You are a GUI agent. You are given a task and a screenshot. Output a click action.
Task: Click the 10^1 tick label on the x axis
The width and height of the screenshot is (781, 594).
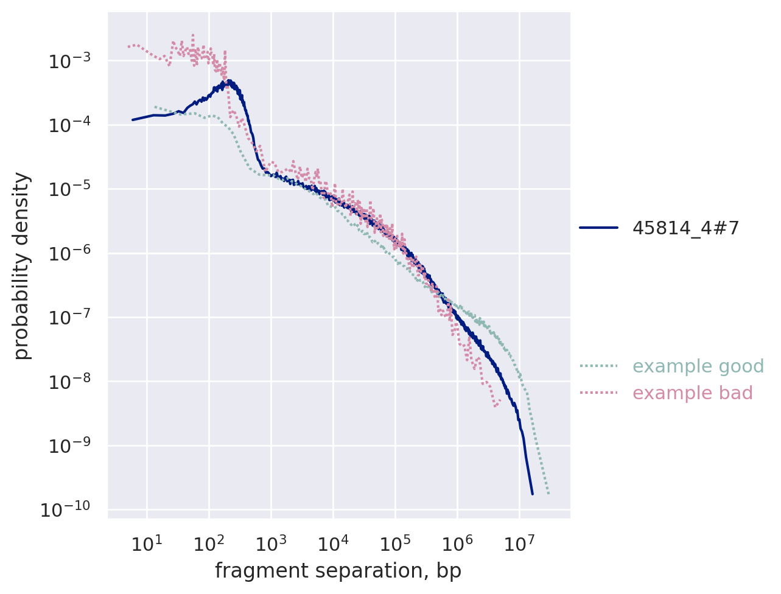pos(146,543)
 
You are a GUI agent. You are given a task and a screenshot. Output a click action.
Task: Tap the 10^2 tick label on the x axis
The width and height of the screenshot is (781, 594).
pos(208,543)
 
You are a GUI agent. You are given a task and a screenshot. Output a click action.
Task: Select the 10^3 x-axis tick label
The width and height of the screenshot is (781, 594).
pos(270,543)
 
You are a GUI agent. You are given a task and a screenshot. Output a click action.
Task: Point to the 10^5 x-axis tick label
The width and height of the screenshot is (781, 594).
pos(394,543)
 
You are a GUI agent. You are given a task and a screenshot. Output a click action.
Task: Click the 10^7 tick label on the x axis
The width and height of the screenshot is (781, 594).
pos(519,543)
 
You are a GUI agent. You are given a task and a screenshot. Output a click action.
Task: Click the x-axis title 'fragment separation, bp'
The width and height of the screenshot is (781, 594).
pos(338,571)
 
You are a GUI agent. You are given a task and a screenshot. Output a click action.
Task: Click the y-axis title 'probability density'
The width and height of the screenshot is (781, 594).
pos(22,265)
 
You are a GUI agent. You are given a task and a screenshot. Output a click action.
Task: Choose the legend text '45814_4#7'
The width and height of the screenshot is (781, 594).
pos(685,228)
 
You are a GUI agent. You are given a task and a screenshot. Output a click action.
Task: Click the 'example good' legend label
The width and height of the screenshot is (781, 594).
pos(698,366)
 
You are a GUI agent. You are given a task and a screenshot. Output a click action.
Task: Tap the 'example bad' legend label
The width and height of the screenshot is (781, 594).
pos(692,393)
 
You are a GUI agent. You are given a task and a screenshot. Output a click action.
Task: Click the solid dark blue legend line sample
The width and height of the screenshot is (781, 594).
pos(598,228)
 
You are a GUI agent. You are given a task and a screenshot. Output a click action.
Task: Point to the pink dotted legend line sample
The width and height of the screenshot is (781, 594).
pos(598,393)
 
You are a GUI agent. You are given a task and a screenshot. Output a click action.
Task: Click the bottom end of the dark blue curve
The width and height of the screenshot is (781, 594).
pos(532,494)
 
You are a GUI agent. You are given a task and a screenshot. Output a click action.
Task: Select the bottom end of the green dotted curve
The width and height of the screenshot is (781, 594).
pos(548,494)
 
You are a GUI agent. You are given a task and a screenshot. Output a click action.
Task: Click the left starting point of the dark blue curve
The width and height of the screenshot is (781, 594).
pos(133,120)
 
